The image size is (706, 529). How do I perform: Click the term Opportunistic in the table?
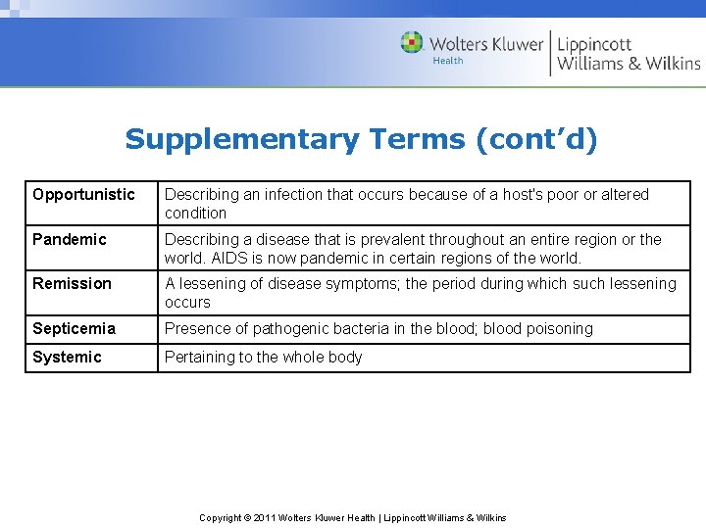83,194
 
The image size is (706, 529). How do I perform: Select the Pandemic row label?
69,239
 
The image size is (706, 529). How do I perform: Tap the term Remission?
72,283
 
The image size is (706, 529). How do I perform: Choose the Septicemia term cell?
74,328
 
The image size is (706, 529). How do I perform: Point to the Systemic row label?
67,357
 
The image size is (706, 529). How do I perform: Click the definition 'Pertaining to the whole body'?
263,357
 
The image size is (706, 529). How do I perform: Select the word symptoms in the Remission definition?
358,283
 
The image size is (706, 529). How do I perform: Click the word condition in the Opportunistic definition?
195,213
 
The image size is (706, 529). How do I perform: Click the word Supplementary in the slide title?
242,139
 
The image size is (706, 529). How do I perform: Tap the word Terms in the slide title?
418,139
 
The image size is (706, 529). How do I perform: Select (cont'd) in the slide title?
536,139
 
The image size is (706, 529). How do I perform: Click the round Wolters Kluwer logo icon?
412,42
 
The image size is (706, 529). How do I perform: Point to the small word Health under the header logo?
447,61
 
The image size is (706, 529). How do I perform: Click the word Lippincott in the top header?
594,44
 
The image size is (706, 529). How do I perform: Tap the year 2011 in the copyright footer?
264,517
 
